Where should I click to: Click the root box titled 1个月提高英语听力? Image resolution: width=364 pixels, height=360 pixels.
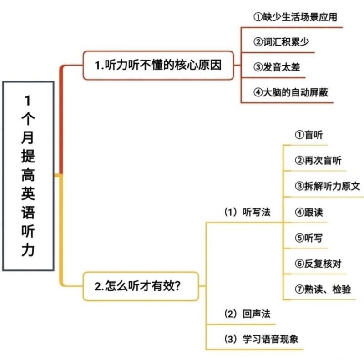[28, 176]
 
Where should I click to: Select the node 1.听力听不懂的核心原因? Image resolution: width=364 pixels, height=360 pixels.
[158, 65]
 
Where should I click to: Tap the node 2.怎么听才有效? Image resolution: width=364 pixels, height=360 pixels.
[141, 286]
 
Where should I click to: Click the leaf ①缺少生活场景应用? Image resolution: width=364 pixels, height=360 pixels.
[295, 17]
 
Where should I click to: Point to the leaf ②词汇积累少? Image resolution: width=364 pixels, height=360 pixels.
[281, 42]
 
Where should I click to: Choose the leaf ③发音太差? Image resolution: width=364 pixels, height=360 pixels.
[277, 67]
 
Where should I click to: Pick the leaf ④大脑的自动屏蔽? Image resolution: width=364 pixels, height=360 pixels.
[291, 92]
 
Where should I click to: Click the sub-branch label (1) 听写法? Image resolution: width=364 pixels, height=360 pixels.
[247, 212]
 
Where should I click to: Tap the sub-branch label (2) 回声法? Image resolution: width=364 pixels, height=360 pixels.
[247, 314]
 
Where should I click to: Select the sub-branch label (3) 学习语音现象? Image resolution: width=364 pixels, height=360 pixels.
[261, 339]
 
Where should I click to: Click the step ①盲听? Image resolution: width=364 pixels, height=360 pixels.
[309, 135]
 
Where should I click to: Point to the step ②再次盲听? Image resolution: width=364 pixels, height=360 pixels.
[318, 161]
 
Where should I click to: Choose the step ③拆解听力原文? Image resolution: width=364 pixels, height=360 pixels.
[327, 186]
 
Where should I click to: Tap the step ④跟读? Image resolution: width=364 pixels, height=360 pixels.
[309, 212]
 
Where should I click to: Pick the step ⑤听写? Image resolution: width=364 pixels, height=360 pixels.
[309, 238]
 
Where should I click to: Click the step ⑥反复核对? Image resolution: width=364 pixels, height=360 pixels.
[318, 264]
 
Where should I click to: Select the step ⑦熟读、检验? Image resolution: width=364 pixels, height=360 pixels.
[323, 289]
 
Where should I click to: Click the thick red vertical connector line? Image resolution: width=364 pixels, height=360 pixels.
[61, 120]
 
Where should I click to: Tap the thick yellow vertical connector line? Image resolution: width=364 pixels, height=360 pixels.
[61, 230]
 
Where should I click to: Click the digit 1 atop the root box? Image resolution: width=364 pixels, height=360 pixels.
[28, 100]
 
